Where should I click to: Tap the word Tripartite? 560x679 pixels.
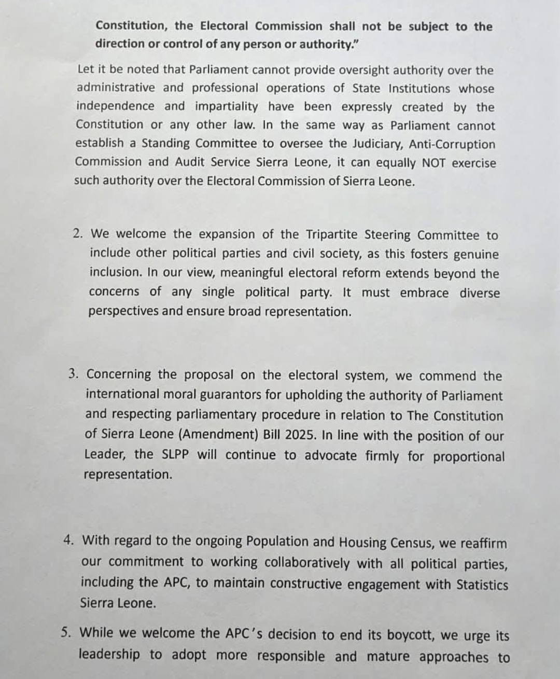[x=331, y=234]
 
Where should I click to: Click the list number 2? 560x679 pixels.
[x=78, y=233]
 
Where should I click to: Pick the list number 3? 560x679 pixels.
[x=73, y=374]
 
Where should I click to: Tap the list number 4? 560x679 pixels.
[x=69, y=540]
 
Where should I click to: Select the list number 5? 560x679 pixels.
[x=66, y=632]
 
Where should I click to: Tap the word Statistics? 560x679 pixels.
[x=482, y=585]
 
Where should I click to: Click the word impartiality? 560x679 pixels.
[x=227, y=106]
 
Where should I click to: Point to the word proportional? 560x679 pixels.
[x=469, y=456]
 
